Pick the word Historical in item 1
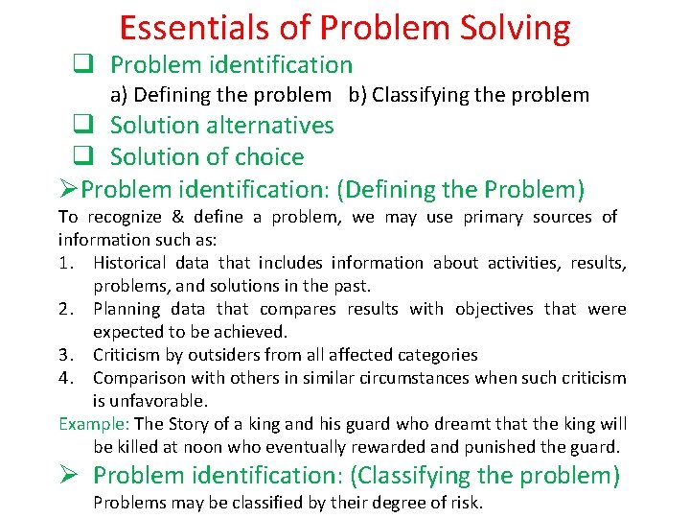[130, 263]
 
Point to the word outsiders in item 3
[221, 355]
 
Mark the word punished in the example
[534, 447]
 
